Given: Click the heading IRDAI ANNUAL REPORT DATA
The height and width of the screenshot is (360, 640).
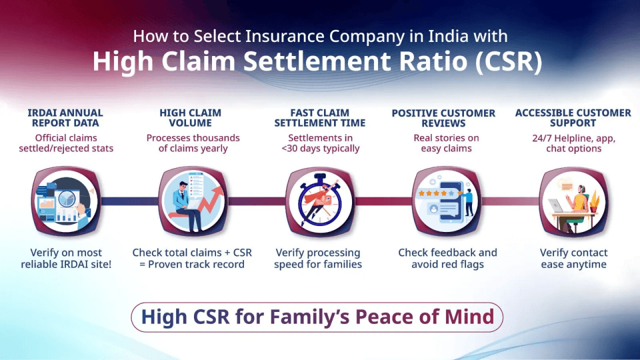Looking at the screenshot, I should [66, 118].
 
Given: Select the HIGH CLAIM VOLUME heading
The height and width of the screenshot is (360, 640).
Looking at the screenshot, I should [190, 118].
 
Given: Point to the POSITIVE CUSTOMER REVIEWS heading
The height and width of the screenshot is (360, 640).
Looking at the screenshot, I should [443, 118].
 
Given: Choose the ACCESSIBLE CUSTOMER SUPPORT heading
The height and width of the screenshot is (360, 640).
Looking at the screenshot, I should [573, 118].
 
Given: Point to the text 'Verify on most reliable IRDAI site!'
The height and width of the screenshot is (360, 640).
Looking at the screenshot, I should [66, 259].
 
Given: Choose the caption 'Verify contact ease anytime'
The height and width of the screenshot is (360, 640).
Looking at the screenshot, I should [573, 259].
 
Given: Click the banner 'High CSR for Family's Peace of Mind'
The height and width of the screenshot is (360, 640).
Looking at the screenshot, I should [317, 317].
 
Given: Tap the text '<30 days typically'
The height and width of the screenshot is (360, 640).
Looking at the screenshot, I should [321, 149].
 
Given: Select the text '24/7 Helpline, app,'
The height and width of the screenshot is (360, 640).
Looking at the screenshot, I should [573, 138].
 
